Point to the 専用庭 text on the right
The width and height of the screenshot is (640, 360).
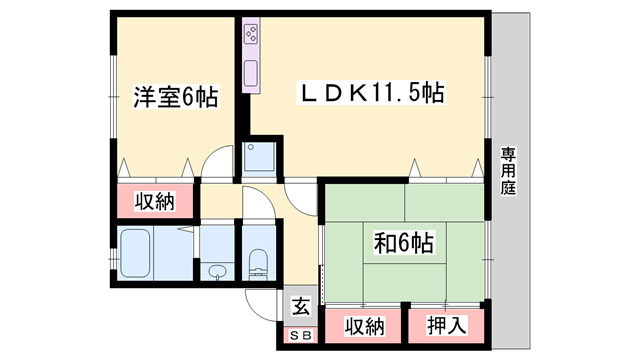click(x=509, y=170)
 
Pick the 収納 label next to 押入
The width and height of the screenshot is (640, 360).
click(x=365, y=326)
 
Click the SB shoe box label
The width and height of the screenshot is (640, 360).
click(x=300, y=334)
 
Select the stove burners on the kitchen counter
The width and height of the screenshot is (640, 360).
click(x=251, y=39)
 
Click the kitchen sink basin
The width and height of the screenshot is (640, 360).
click(x=251, y=73)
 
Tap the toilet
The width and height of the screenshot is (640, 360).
click(x=256, y=262)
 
